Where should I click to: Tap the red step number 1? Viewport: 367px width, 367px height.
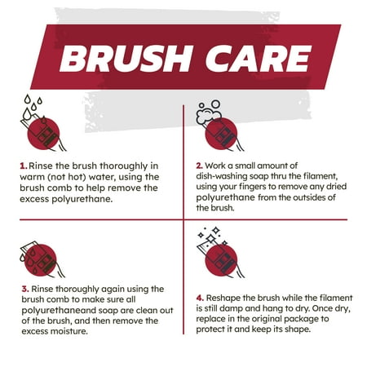pos(24,165)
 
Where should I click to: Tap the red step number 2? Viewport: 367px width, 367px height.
pos(199,165)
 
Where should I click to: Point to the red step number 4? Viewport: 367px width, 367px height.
pos(199,298)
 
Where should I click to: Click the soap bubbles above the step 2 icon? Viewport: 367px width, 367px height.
pos(210,109)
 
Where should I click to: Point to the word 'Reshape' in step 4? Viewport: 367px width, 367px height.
pos(228,298)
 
